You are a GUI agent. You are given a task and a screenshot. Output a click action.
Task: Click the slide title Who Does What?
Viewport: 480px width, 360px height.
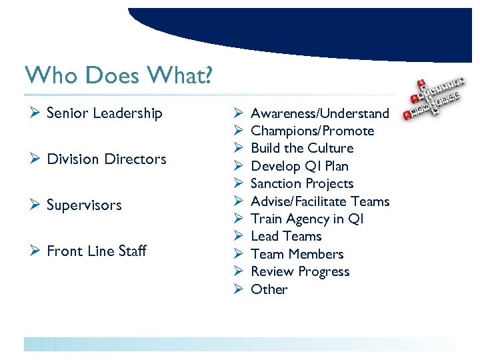coord(118,75)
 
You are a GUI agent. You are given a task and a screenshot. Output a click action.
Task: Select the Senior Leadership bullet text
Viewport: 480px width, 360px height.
coord(105,113)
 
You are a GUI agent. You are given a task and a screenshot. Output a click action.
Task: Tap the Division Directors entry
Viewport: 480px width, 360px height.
coord(107,159)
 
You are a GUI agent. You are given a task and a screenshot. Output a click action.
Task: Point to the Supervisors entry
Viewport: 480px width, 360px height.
coord(84,205)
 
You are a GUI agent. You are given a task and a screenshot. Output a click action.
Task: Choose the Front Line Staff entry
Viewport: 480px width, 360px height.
coord(97,251)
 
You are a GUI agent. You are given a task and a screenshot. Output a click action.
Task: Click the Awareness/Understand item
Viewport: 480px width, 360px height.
coord(319,113)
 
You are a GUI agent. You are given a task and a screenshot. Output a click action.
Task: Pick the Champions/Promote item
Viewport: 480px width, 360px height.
coord(312,131)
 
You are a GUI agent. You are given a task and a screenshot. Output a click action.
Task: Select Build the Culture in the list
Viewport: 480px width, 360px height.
coord(302,148)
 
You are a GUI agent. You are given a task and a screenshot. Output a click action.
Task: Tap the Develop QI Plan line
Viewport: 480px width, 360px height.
coord(299,166)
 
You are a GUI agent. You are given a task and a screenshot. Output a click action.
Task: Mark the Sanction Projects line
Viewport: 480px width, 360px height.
coord(302,183)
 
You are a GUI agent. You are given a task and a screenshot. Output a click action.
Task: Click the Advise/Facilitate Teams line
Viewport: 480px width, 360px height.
coord(320,201)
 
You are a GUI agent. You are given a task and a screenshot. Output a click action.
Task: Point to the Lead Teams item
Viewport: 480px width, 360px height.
coord(286,236)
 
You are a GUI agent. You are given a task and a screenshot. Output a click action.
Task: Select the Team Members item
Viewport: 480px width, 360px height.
coord(297,254)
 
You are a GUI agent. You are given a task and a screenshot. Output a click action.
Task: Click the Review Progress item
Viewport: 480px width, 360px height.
coord(300,271)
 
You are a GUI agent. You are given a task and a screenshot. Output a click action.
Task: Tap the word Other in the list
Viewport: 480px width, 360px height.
coord(269,289)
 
